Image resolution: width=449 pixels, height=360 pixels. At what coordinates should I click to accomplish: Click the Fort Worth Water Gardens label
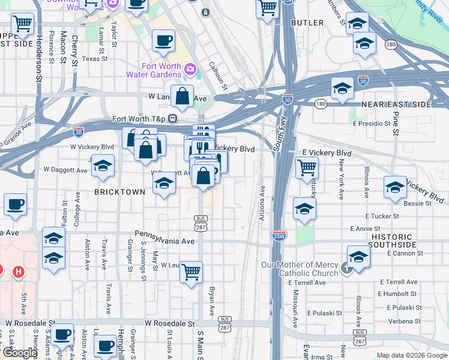154,70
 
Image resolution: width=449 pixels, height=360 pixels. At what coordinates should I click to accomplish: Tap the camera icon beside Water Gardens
190,70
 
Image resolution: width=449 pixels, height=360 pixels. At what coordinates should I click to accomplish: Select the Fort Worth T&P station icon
172,119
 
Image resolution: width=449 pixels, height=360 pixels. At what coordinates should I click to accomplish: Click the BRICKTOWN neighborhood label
120,192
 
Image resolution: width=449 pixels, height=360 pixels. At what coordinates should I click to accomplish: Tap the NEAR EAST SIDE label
396,104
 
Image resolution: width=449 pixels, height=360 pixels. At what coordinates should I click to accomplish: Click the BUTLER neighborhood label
307,23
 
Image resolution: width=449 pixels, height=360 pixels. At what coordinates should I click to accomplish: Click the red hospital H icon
18,272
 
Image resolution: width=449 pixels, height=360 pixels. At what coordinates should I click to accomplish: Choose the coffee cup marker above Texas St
163,41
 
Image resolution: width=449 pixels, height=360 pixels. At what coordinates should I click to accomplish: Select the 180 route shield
321,104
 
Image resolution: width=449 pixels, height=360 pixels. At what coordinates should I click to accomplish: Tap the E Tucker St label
382,216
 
